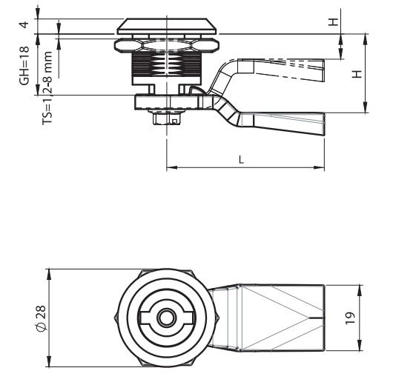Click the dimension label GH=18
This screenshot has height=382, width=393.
point(24,66)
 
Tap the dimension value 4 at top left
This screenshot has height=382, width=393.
point(24,24)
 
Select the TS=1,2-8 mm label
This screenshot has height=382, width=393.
point(47,88)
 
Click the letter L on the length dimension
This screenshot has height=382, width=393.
point(241,160)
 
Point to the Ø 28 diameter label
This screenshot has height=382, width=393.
point(42,318)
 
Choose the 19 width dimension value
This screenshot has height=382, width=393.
point(351,318)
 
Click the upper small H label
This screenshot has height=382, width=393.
point(334,22)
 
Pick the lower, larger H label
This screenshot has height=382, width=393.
point(357,74)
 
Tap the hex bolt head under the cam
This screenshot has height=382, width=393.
point(166,117)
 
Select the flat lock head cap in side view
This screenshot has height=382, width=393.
point(166,26)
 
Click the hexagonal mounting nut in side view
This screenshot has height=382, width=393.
point(166,45)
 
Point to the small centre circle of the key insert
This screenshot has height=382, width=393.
point(166,318)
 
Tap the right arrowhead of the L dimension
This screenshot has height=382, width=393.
point(320,167)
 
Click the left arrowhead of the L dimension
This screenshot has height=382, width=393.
point(172,167)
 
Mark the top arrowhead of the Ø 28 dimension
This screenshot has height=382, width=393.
point(50,275)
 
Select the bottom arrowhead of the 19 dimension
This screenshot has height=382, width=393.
point(360,346)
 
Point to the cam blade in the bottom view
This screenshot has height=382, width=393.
point(268,318)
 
